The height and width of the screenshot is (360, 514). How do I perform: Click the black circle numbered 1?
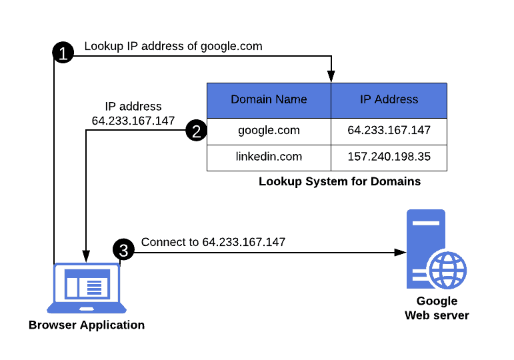tap(63, 53)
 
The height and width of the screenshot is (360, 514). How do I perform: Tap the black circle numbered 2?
tap(196, 131)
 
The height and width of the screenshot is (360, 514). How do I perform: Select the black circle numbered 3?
tap(123, 250)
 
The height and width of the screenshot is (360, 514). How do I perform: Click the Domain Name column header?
tap(269, 100)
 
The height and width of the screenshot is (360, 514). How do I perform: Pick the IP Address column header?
tap(389, 100)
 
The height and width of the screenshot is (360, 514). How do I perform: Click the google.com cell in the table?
tap(269, 130)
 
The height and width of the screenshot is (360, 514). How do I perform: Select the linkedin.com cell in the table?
tap(269, 157)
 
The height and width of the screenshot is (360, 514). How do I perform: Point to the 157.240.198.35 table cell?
tap(389, 157)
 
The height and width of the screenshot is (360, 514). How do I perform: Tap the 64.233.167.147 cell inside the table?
tap(389, 130)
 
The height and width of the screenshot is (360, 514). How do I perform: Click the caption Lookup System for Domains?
tap(339, 181)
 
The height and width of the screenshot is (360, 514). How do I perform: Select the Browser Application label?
tap(87, 325)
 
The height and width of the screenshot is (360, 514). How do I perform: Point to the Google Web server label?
tap(437, 308)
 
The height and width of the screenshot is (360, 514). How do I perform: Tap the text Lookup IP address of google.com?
tap(173, 46)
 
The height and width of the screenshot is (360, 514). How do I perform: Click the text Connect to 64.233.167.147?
tap(213, 242)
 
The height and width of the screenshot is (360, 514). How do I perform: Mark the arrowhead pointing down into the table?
tap(331, 77)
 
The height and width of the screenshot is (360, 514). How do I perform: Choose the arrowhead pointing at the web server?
tap(400, 253)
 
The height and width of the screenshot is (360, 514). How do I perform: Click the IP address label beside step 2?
tap(133, 113)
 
